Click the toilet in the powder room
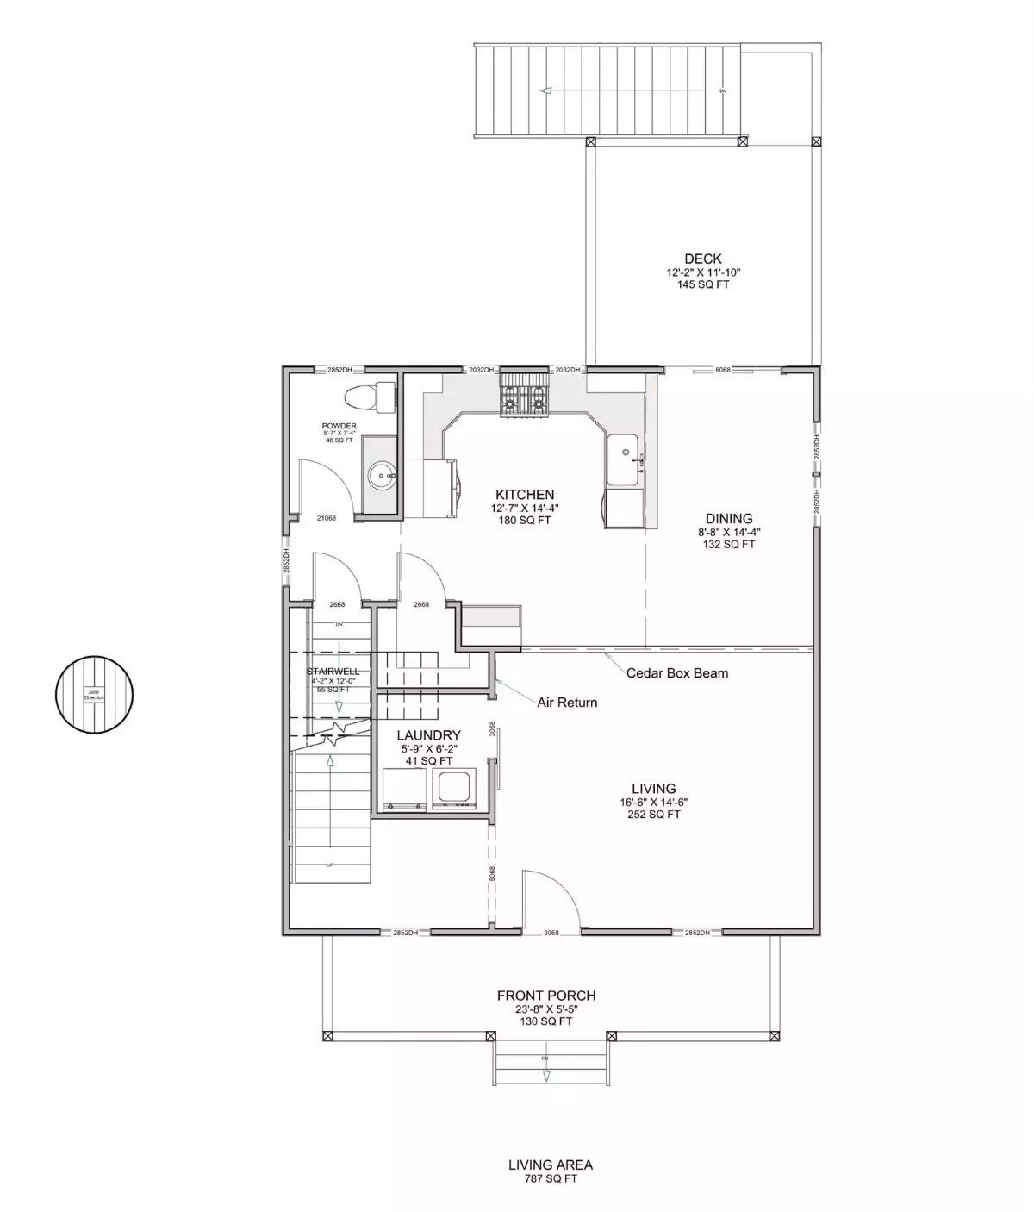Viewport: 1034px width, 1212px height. tap(364, 397)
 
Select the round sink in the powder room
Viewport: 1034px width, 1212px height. tap(382, 474)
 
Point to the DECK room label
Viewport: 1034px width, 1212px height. tap(702, 259)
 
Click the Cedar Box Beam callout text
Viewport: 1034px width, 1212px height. tap(676, 672)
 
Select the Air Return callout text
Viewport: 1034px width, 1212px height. tap(567, 702)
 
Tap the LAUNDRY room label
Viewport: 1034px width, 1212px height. tap(428, 735)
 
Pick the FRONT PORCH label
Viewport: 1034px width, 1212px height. tap(545, 996)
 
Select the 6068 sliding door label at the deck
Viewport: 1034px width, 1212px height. tap(723, 370)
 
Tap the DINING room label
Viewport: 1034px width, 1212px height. tap(729, 518)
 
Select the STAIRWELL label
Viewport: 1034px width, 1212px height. tap(333, 671)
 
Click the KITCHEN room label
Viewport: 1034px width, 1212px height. tap(524, 495)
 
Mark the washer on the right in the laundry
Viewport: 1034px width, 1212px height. tap(453, 787)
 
